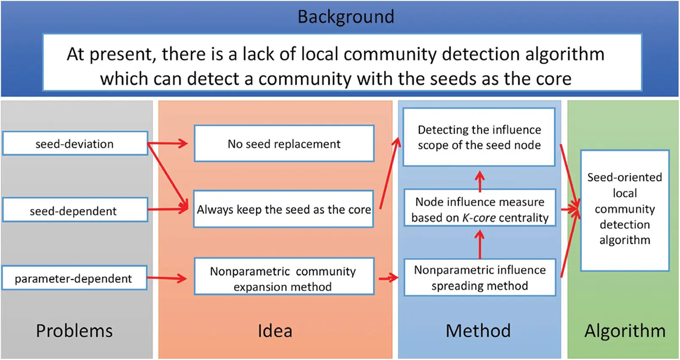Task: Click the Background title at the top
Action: [x=346, y=17]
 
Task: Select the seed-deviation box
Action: [x=75, y=144]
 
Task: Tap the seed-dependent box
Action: [x=75, y=210]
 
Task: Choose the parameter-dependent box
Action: [x=74, y=278]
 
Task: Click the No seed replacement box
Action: [x=284, y=144]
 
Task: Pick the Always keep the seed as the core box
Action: [x=283, y=209]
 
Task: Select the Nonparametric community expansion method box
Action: [x=283, y=278]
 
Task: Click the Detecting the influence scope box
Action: [x=479, y=137]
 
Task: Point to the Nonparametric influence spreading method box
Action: [x=479, y=277]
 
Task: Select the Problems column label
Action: [x=74, y=331]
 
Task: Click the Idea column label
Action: [x=275, y=331]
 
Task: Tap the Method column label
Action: [x=478, y=331]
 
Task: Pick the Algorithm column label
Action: [x=624, y=331]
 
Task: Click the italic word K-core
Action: [x=479, y=218]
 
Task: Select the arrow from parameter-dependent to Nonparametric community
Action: [x=167, y=278]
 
